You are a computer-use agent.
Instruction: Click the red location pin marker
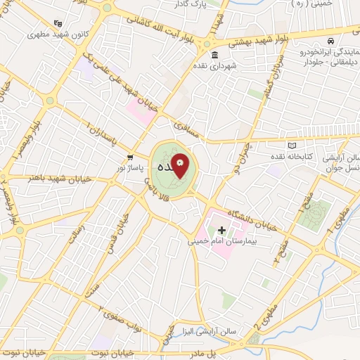pyautogui.click(x=180, y=167)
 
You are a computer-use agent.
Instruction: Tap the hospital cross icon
pyautogui.click(x=222, y=230)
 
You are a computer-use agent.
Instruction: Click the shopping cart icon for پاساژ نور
pyautogui.click(x=129, y=157)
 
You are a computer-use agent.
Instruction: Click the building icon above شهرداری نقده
pyautogui.click(x=214, y=56)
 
